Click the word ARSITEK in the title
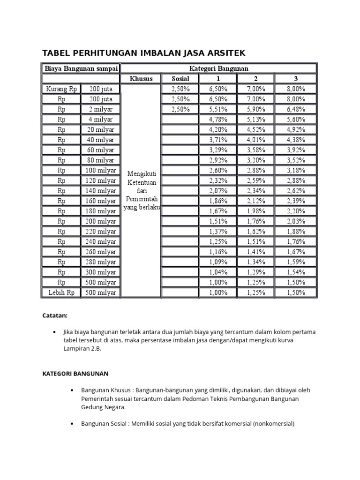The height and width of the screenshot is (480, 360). (222, 52)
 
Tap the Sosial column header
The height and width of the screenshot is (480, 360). (180, 78)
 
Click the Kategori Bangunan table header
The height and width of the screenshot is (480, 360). (219, 68)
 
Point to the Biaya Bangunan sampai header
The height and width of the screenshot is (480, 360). (81, 68)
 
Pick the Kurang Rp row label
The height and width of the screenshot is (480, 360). (61, 89)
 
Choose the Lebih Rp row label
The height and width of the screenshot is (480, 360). (61, 292)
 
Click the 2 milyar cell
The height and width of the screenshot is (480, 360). (100, 109)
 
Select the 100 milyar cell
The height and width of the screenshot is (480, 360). (100, 170)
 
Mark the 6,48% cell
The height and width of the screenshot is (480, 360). (296, 109)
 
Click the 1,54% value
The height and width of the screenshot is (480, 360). (296, 272)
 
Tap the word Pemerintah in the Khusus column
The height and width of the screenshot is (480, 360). (141, 199)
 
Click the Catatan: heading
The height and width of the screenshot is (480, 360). (55, 315)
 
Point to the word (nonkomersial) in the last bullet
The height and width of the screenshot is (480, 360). (274, 424)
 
